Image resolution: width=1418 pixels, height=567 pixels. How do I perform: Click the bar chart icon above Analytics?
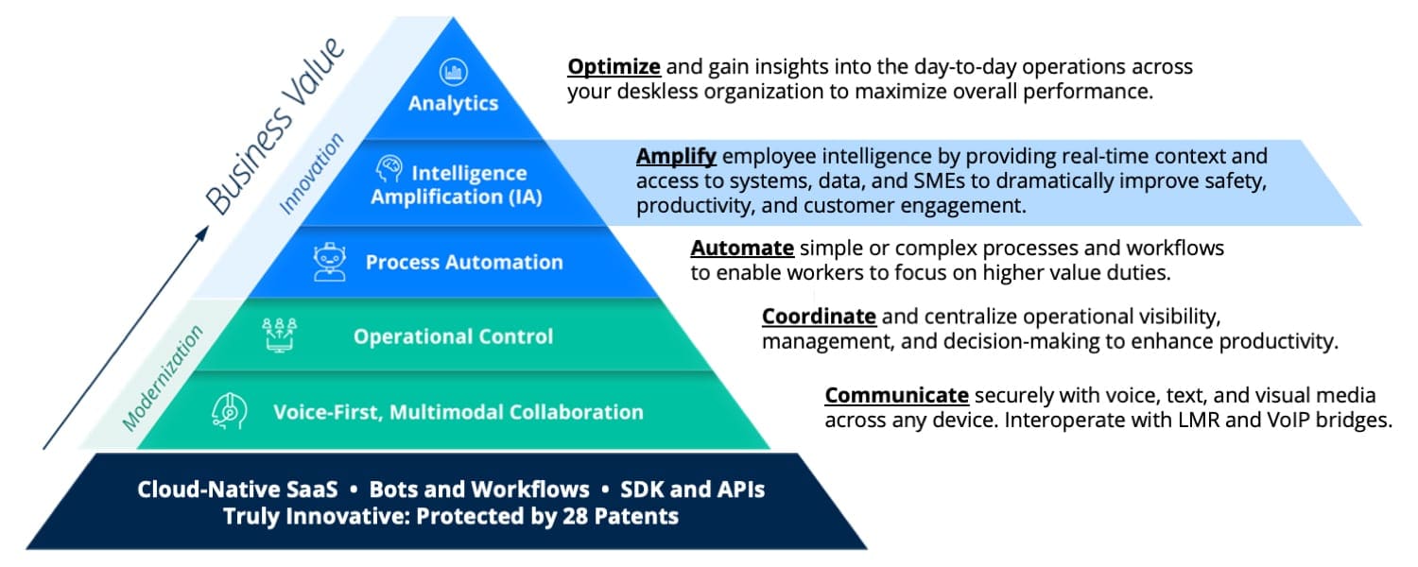453,72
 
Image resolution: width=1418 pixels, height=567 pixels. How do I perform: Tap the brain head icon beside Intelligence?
389,169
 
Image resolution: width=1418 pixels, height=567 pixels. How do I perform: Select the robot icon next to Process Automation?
330,262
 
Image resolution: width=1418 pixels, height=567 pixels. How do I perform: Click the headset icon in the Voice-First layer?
229,411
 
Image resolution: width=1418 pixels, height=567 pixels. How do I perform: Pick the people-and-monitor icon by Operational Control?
279,335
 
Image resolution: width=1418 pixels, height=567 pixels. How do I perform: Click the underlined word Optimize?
614,67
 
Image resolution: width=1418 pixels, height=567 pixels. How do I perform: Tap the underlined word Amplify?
676,156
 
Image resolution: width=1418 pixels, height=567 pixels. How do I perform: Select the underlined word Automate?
742,248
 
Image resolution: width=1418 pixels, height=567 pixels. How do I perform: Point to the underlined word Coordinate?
819,316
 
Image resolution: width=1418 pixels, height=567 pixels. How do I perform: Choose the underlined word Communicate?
896,395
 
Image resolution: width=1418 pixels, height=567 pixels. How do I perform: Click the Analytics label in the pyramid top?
453,103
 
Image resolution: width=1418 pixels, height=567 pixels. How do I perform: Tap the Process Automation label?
464,262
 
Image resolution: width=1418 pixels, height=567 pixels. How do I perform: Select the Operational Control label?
453,336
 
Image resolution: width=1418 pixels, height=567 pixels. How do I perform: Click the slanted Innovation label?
311,173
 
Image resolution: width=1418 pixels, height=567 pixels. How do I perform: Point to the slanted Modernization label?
163,378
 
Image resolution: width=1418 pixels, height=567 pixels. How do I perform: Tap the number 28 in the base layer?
575,516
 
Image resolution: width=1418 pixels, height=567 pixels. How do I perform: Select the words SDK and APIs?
693,490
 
